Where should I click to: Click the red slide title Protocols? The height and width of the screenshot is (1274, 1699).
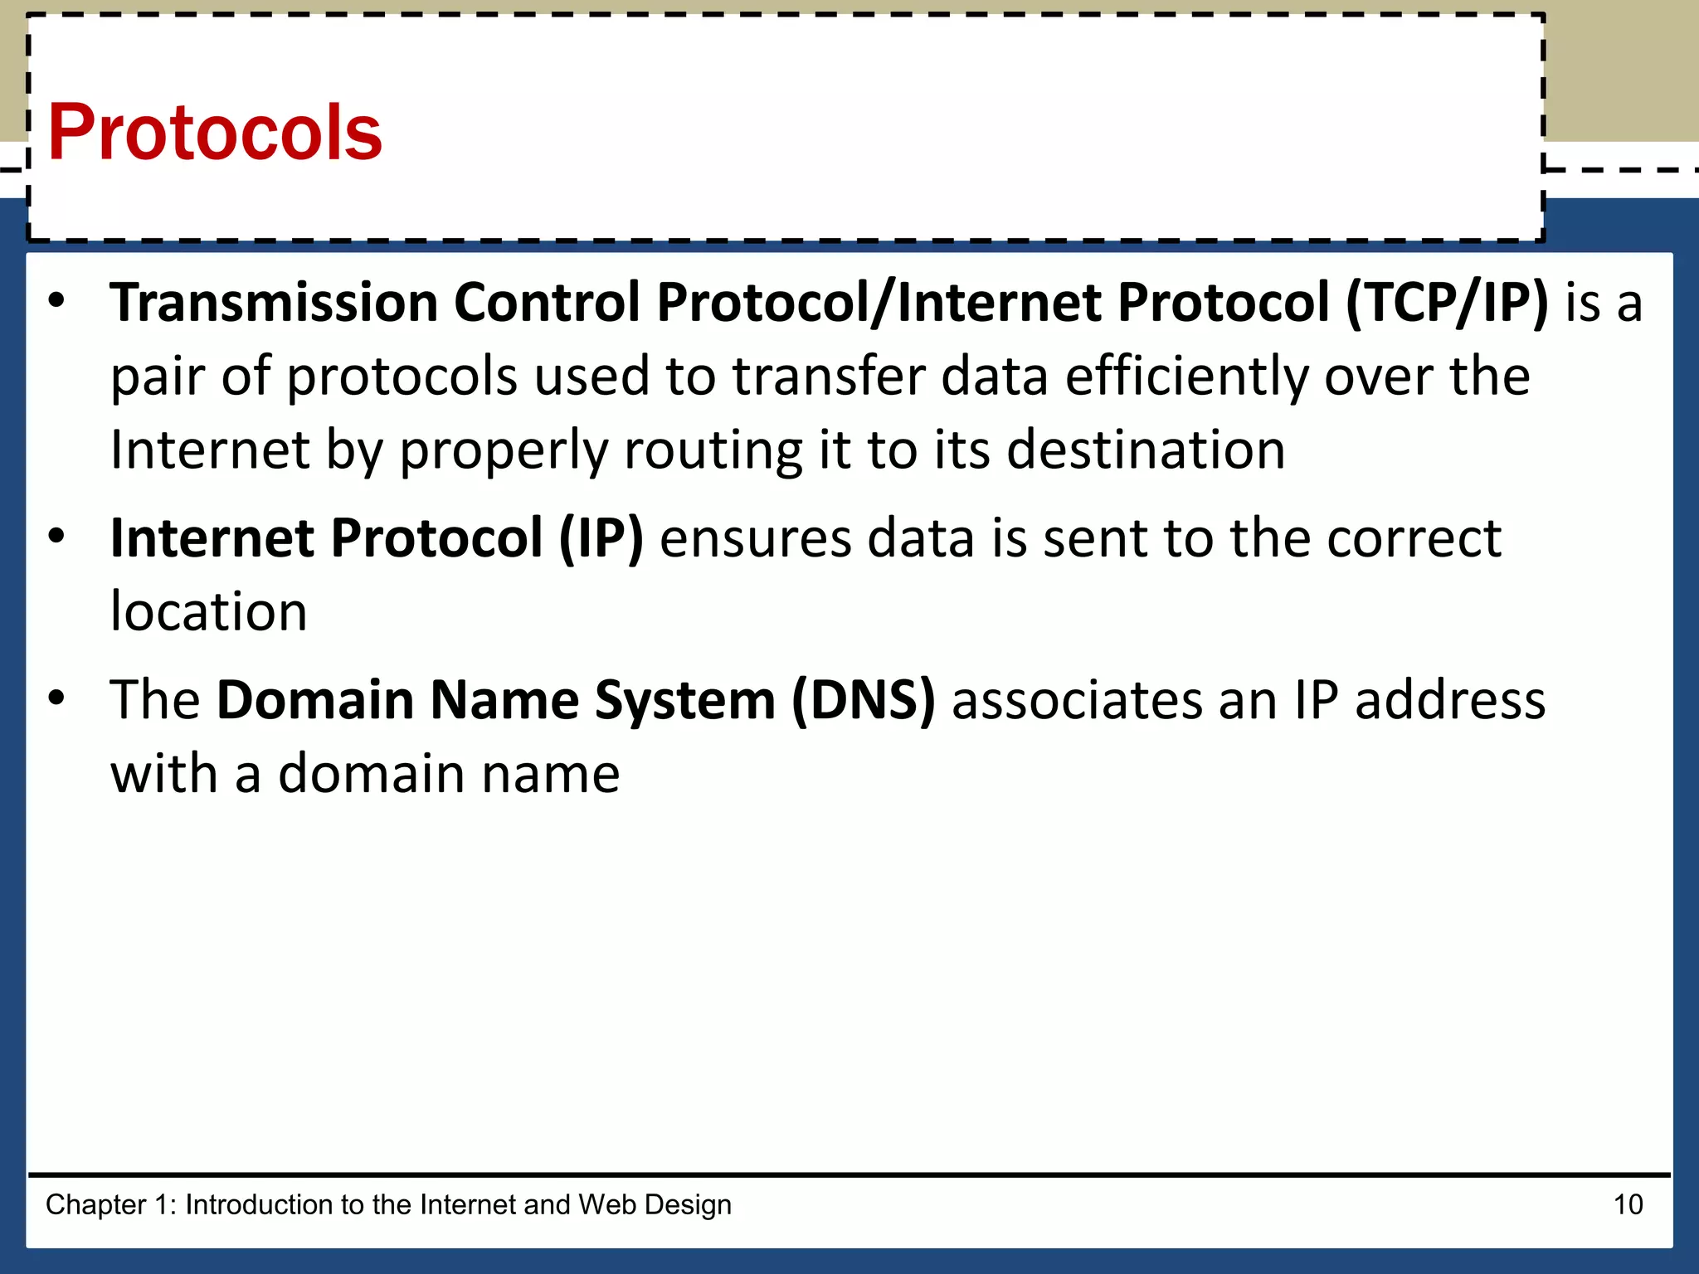click(x=215, y=133)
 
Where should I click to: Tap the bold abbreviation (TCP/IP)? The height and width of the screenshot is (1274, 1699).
click(x=1447, y=302)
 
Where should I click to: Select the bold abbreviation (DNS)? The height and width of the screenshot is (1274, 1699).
click(x=864, y=700)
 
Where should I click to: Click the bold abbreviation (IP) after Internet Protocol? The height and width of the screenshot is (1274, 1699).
click(x=601, y=538)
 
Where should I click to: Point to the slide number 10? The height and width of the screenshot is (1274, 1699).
click(x=1628, y=1204)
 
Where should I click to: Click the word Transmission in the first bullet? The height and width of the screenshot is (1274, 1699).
click(x=274, y=302)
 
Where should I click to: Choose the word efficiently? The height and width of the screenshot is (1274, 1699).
click(x=1186, y=377)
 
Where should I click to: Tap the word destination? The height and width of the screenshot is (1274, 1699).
click(x=1146, y=450)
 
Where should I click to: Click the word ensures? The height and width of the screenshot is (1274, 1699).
click(x=756, y=539)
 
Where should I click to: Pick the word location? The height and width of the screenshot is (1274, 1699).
click(x=208, y=612)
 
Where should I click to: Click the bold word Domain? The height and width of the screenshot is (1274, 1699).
click(x=315, y=700)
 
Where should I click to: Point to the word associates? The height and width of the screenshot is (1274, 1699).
click(x=1076, y=700)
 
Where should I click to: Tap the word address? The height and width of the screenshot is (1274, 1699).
click(x=1450, y=700)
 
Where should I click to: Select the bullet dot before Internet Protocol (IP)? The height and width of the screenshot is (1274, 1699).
click(x=56, y=537)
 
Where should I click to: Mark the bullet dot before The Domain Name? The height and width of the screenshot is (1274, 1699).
click(x=56, y=699)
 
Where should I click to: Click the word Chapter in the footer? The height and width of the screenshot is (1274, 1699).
click(x=95, y=1204)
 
